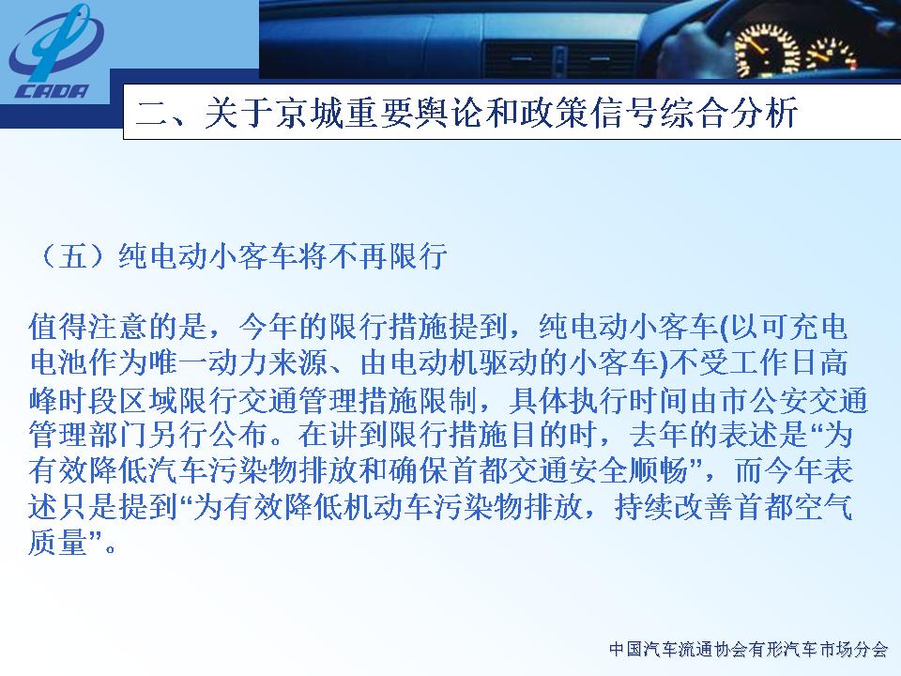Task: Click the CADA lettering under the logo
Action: click(52, 92)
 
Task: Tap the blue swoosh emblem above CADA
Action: click(54, 42)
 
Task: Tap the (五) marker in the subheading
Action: click(71, 256)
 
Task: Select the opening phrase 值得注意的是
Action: click(118, 327)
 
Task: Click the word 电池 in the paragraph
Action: click(58, 362)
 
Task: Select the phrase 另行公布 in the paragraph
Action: click(207, 435)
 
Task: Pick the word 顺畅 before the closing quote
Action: click(659, 471)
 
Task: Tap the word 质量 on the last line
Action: click(57, 543)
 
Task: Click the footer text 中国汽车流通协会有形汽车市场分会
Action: click(749, 650)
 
